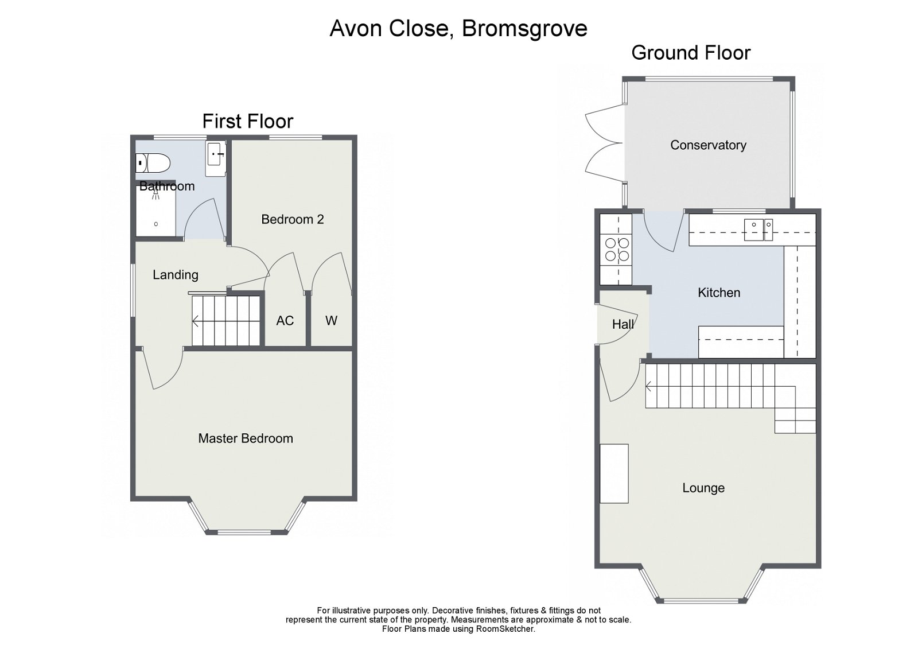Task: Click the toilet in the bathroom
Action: click(153, 163)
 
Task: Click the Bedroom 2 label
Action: click(292, 219)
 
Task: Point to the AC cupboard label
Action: click(285, 321)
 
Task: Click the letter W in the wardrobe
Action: click(331, 321)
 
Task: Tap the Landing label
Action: click(175, 275)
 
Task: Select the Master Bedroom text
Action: click(245, 438)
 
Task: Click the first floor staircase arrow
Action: click(196, 321)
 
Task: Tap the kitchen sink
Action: click(758, 230)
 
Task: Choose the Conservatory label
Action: click(708, 145)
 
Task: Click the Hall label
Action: click(623, 325)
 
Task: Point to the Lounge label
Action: click(703, 488)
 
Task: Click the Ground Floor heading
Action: click(690, 53)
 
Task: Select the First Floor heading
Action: click(247, 121)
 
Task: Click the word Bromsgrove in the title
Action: click(524, 28)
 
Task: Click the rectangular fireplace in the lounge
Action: click(614, 474)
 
